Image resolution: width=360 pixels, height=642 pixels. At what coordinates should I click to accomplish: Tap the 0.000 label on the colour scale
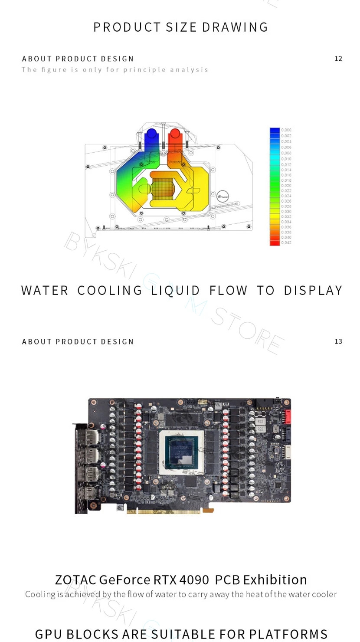286,130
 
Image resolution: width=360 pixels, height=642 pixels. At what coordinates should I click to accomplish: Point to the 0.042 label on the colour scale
286,242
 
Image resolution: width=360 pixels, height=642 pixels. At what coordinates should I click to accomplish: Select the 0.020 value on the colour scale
286,185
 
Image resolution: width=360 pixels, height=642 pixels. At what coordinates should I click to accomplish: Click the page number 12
338,59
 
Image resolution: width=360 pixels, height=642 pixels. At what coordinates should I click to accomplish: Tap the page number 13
338,341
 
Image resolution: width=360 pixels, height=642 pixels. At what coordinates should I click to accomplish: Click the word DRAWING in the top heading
235,27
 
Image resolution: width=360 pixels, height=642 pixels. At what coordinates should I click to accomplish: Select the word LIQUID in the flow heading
176,290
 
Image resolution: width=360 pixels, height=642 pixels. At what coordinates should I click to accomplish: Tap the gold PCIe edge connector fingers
165,511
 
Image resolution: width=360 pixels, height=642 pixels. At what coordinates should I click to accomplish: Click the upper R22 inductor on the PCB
260,421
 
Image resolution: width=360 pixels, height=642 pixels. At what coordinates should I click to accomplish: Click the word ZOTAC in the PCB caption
75,580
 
